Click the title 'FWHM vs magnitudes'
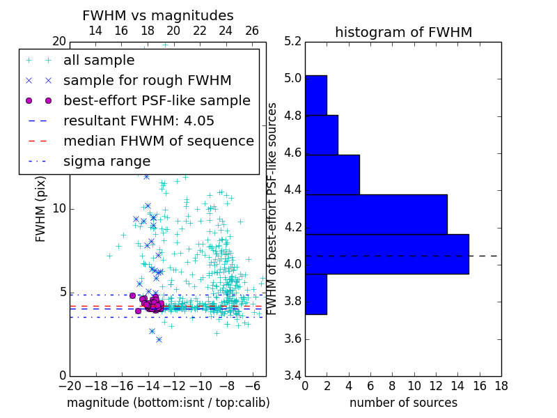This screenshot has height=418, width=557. click(158, 15)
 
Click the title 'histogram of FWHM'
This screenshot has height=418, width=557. click(403, 32)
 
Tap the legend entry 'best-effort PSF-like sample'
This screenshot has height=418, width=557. click(157, 101)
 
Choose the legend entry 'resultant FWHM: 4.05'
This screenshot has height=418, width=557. click(139, 121)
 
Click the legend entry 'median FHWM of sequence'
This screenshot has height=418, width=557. click(158, 141)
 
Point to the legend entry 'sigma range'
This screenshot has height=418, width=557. click(107, 162)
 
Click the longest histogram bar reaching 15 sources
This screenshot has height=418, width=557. click(386, 254)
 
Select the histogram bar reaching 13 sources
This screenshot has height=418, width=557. click(376, 215)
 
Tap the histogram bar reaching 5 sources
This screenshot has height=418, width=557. click(332, 175)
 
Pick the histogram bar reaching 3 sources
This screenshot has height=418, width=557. click(321, 135)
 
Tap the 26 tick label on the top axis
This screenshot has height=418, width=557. click(252, 31)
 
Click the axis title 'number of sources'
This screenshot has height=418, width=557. click(403, 403)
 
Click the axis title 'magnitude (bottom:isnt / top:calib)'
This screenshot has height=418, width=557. click(168, 403)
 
